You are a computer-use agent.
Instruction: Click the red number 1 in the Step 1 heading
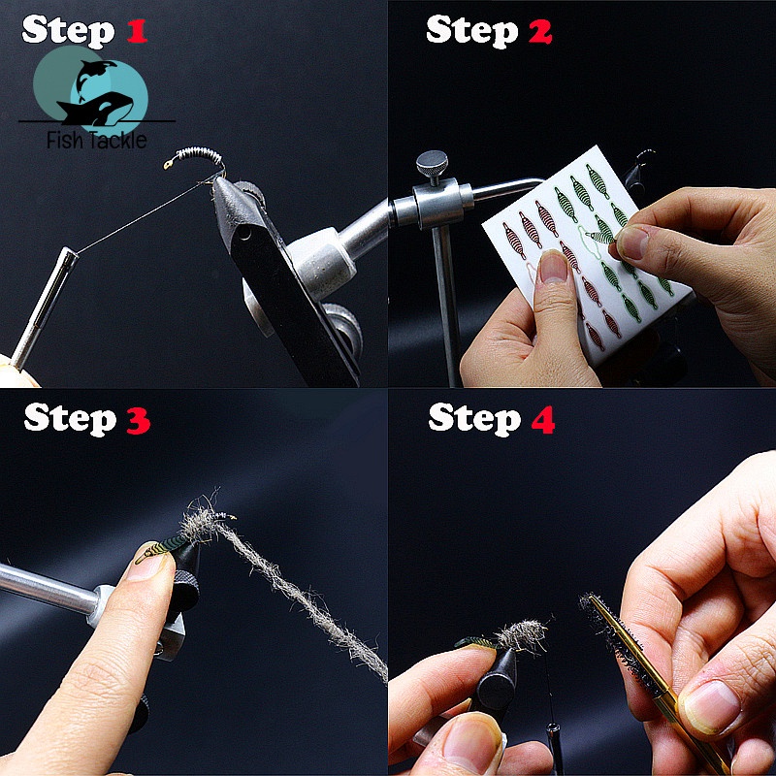pyautogui.click(x=136, y=31)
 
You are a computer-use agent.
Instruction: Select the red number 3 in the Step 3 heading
pyautogui.click(x=137, y=419)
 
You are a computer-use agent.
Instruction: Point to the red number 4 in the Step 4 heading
pyautogui.click(x=540, y=419)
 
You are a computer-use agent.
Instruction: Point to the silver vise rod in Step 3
pyautogui.click(x=48, y=592)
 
